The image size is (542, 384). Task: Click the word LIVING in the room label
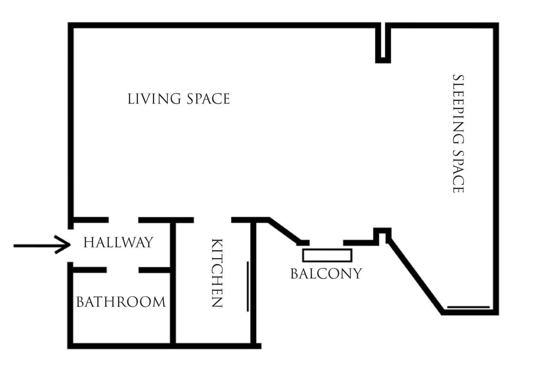[154, 99]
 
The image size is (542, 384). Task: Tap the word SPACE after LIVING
[208, 99]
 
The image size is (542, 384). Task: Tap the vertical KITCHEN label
[217, 273]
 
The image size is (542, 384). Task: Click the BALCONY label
[326, 274]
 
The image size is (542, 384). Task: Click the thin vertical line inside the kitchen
[248, 286]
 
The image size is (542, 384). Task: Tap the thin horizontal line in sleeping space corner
[468, 307]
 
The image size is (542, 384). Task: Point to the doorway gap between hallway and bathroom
[123, 270]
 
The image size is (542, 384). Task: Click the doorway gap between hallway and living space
[123, 220]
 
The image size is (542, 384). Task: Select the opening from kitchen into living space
[212, 220]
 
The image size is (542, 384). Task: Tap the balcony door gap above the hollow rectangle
[326, 243]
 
